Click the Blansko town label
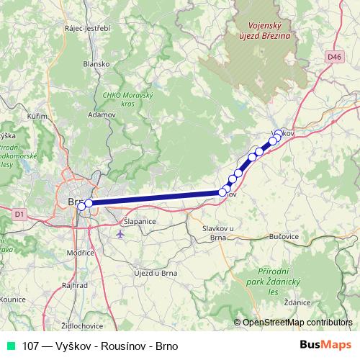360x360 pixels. [96, 63]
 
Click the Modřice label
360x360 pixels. [80, 253]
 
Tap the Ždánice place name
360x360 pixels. [297, 302]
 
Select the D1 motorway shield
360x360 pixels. [19, 213]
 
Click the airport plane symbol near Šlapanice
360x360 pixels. [120, 233]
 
